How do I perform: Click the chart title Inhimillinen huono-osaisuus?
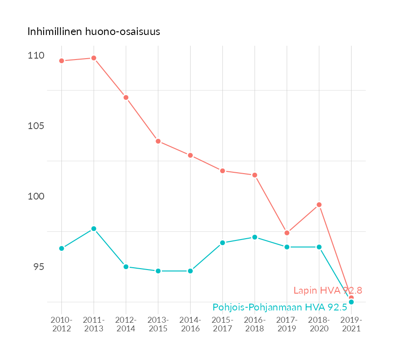point(94,32)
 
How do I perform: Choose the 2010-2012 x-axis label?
point(61,324)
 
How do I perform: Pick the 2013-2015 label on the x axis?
point(158,324)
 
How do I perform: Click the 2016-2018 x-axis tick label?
point(255,324)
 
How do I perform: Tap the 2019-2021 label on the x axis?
point(351,324)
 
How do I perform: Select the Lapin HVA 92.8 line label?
point(327,290)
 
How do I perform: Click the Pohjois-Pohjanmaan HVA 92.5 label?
point(280,307)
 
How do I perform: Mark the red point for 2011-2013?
point(94,58)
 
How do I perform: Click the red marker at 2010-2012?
point(61,61)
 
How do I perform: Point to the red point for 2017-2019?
point(287,233)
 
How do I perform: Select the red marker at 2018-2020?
point(319,205)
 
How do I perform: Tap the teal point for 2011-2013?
point(94,229)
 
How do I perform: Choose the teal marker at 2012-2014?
point(126,267)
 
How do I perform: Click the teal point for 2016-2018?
point(255,237)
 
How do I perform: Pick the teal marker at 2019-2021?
point(351,302)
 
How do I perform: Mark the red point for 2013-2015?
point(158,141)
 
